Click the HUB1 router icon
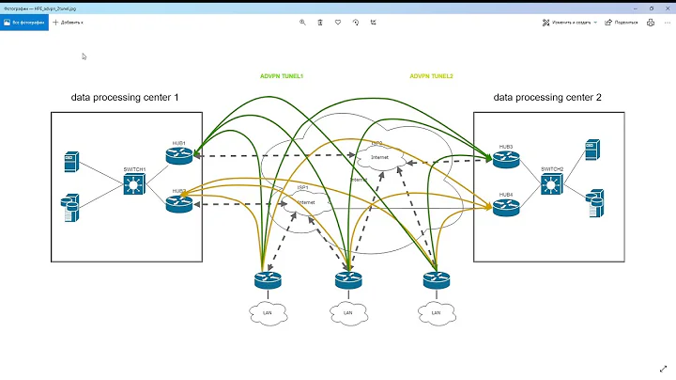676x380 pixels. click(x=179, y=155)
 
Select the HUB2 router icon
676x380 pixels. click(x=179, y=202)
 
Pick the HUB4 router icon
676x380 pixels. click(x=506, y=207)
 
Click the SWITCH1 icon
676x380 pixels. click(x=133, y=184)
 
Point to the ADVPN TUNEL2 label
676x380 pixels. click(x=431, y=75)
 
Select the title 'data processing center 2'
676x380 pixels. click(x=547, y=97)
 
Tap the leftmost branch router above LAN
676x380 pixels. click(x=266, y=279)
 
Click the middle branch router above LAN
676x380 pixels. click(x=348, y=279)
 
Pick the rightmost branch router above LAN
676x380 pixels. click(x=436, y=279)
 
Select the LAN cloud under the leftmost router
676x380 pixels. click(x=267, y=311)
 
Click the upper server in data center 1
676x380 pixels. click(x=69, y=162)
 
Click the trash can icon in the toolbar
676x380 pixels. click(x=320, y=21)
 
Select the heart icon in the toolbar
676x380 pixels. click(x=338, y=21)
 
